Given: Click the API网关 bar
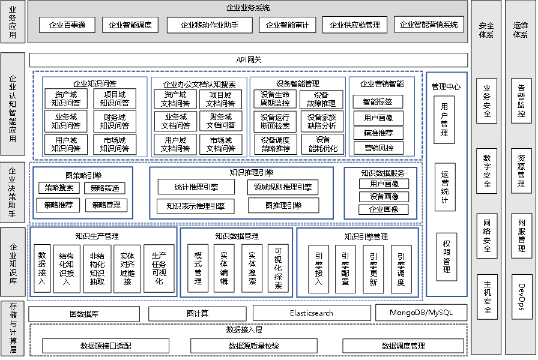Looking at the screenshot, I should click(249, 60).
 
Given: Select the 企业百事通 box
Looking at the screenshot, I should click(67, 25).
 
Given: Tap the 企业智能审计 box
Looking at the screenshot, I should click(288, 25).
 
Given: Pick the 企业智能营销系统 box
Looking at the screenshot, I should click(429, 25).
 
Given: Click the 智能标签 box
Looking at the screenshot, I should click(378, 102).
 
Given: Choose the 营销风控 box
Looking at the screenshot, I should click(378, 148).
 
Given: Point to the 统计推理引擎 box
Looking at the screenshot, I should click(196, 187).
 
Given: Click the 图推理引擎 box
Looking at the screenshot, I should click(283, 206).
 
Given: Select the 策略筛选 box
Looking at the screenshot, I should click(105, 188).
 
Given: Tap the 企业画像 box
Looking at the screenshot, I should click(384, 209).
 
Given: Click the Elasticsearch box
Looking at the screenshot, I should click(311, 313).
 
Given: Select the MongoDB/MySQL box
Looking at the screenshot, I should click(421, 313).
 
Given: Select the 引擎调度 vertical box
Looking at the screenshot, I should click(400, 268).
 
